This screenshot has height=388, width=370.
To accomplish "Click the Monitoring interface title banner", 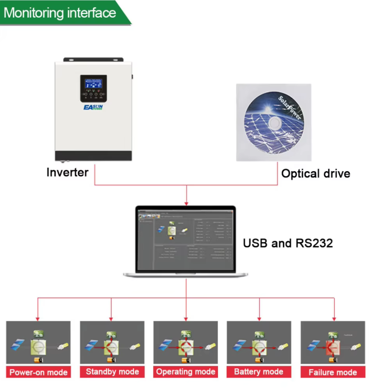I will pyautogui.click(x=60, y=13).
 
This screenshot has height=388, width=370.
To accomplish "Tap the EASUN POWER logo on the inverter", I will pyautogui.click(x=93, y=107).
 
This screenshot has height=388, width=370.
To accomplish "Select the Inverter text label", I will pyautogui.click(x=67, y=172).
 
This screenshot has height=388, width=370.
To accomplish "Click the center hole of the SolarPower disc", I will pyautogui.click(x=273, y=123).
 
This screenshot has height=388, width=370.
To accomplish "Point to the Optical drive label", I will pyautogui.click(x=315, y=174).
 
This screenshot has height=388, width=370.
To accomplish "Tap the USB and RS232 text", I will pyautogui.click(x=288, y=243).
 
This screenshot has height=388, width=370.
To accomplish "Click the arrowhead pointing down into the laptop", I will pyautogui.click(x=186, y=203).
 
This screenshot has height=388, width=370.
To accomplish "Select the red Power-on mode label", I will pyautogui.click(x=39, y=372).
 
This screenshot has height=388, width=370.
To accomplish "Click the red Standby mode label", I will pyautogui.click(x=112, y=372).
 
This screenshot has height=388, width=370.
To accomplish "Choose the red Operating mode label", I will pyautogui.click(x=186, y=372).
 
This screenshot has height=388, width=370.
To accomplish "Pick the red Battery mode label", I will pyautogui.click(x=259, y=372).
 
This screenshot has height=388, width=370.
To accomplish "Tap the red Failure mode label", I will pyautogui.click(x=333, y=372).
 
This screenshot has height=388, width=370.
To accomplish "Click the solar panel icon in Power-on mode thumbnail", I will pyautogui.click(x=18, y=344).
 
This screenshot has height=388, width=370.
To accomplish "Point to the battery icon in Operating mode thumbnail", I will pyautogui.click(x=186, y=360).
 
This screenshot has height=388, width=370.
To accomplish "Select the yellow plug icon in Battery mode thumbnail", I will pyautogui.click(x=283, y=347).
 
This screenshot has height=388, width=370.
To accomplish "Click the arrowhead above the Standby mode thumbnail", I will pyautogui.click(x=111, y=319).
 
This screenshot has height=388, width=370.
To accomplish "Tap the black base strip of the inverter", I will pyautogui.click(x=93, y=156).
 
